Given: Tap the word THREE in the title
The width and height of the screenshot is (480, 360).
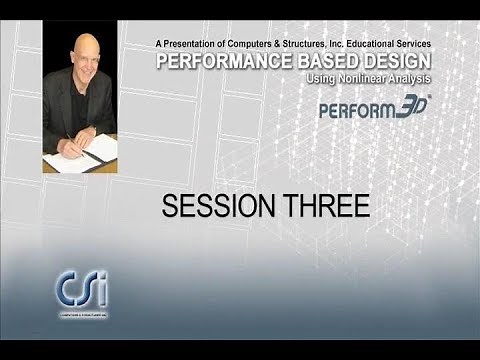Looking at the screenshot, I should pyautogui.click(x=323, y=206).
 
